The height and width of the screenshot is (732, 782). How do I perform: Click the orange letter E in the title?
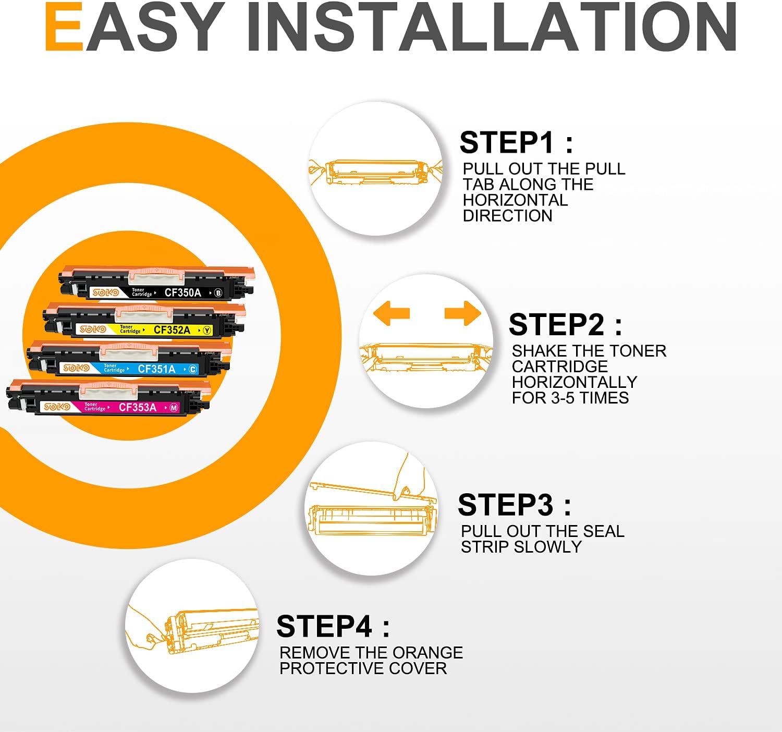(x=64, y=27)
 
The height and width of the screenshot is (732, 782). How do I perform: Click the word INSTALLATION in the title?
(x=492, y=27)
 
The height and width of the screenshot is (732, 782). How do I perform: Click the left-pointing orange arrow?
(x=392, y=313)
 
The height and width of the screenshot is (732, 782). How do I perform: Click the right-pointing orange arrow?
(x=462, y=313)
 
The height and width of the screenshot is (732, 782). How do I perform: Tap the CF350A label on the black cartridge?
(x=182, y=292)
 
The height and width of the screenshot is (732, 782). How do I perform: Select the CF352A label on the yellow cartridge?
(x=172, y=330)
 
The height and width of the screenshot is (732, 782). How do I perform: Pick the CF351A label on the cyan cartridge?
(x=157, y=369)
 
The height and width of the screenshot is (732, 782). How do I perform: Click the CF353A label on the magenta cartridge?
(x=138, y=407)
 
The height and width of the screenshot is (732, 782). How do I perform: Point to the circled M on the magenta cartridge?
(x=174, y=408)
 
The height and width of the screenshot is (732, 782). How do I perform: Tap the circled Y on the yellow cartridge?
(x=207, y=331)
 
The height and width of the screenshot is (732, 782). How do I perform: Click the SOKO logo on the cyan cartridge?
(x=77, y=368)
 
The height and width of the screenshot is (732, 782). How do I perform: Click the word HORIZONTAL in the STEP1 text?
(x=516, y=200)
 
